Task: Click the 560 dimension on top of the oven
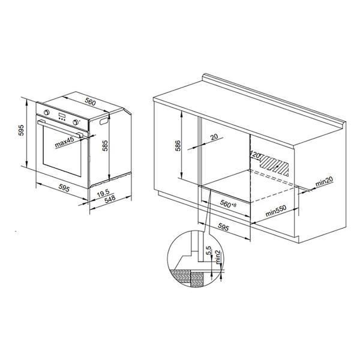click(90, 102)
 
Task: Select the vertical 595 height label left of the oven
click(22, 130)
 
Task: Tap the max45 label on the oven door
click(64, 142)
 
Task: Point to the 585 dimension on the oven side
click(105, 146)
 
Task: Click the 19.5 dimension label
click(103, 193)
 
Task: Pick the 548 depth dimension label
click(110, 199)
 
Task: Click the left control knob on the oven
click(47, 112)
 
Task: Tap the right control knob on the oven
click(76, 122)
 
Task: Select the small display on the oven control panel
click(62, 115)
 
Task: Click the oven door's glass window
click(62, 152)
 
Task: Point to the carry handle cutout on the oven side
click(104, 121)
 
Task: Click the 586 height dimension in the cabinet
click(178, 146)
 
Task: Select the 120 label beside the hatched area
click(256, 155)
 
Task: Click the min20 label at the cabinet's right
click(324, 181)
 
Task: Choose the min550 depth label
click(276, 211)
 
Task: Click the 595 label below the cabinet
click(223, 227)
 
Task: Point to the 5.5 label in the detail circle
click(208, 250)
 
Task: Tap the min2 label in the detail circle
click(218, 257)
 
